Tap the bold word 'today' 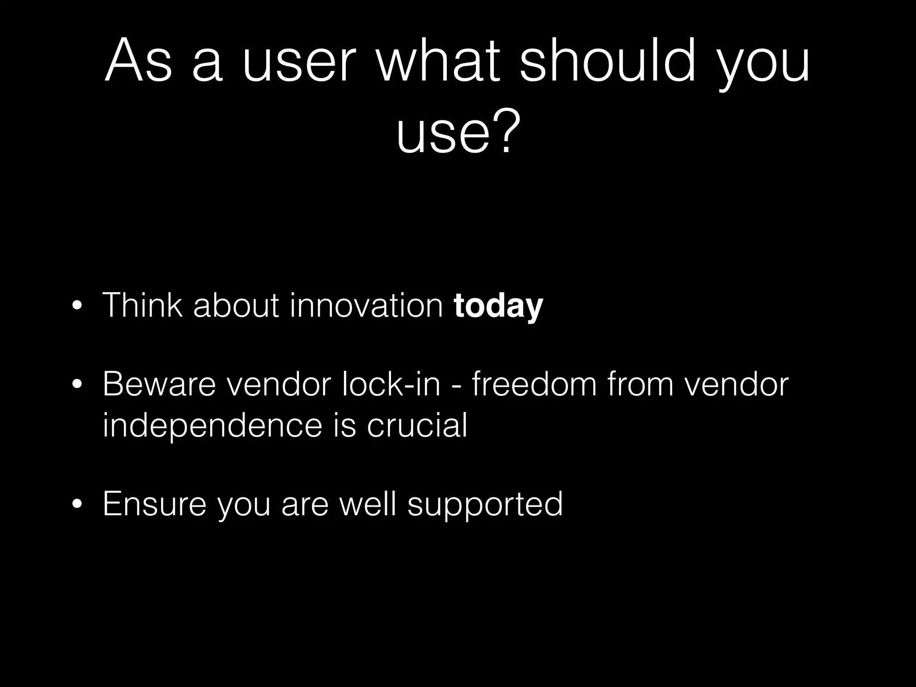point(498,305)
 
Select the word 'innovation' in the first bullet point(366,305)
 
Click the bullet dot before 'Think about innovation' point(77,307)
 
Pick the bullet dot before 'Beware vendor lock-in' point(77,385)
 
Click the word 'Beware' point(159,384)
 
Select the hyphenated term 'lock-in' point(391,384)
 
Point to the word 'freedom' point(534,384)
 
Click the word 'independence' point(212,425)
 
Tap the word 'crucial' point(417,425)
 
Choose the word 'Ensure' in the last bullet point(154,504)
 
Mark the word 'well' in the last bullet point(368,504)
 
